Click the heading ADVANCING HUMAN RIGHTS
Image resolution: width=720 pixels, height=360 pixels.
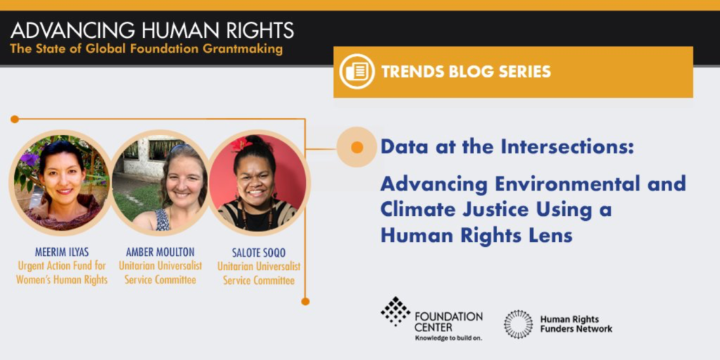coord(152,30)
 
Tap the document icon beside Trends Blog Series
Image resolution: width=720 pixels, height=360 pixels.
coord(357,72)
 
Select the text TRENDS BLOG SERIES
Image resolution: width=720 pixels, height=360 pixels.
coord(466,72)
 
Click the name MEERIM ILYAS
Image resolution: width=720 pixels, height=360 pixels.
coord(61,252)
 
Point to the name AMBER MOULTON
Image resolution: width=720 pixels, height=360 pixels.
coord(160,252)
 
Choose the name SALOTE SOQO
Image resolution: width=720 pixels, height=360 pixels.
coord(259,253)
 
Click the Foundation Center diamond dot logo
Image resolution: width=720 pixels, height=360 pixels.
coord(395,311)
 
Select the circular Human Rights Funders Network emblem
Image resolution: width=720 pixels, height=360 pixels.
coord(518,324)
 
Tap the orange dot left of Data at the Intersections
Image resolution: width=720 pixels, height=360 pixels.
coord(356,147)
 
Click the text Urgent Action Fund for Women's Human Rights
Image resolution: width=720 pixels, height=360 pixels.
coord(62,272)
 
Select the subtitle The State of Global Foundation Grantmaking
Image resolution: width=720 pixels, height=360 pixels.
coord(146,49)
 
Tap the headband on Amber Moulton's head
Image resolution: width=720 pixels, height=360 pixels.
coord(181,148)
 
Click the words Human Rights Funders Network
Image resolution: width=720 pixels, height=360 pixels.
coord(577,323)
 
